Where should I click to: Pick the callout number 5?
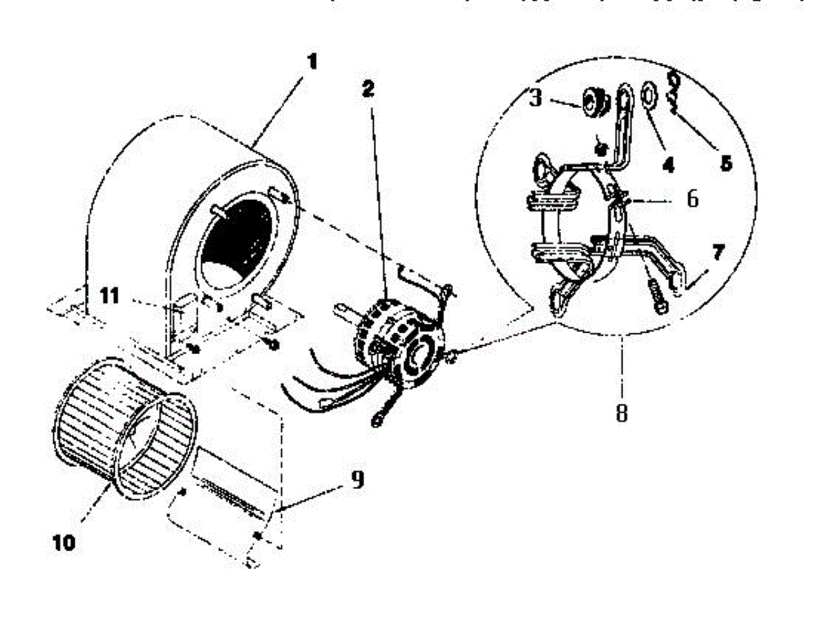tap(725, 163)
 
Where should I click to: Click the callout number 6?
tap(692, 199)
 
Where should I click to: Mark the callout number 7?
tap(718, 252)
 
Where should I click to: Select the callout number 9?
tap(356, 479)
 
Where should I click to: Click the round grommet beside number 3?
tap(591, 101)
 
